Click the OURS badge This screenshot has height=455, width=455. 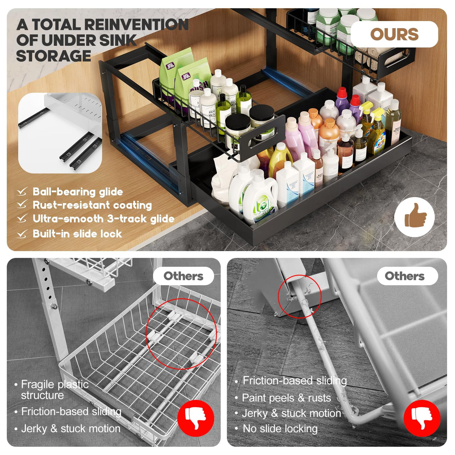(394, 34)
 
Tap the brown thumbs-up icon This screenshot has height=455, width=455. (415, 217)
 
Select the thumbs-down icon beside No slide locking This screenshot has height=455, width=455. (422, 418)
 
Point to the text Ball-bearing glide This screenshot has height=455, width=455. (78, 192)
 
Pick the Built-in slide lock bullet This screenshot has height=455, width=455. (77, 234)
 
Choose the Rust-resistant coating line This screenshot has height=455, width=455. (92, 205)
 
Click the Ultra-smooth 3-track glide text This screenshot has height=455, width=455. (103, 219)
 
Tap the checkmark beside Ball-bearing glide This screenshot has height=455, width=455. (22, 192)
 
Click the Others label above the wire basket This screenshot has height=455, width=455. (183, 276)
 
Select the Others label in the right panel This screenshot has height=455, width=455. (404, 276)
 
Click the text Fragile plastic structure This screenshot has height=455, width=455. (54, 389)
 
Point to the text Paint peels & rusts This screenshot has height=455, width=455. (286, 398)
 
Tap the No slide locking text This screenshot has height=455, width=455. (280, 428)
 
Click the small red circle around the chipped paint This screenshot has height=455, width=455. (299, 296)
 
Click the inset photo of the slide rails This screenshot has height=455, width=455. (60, 133)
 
